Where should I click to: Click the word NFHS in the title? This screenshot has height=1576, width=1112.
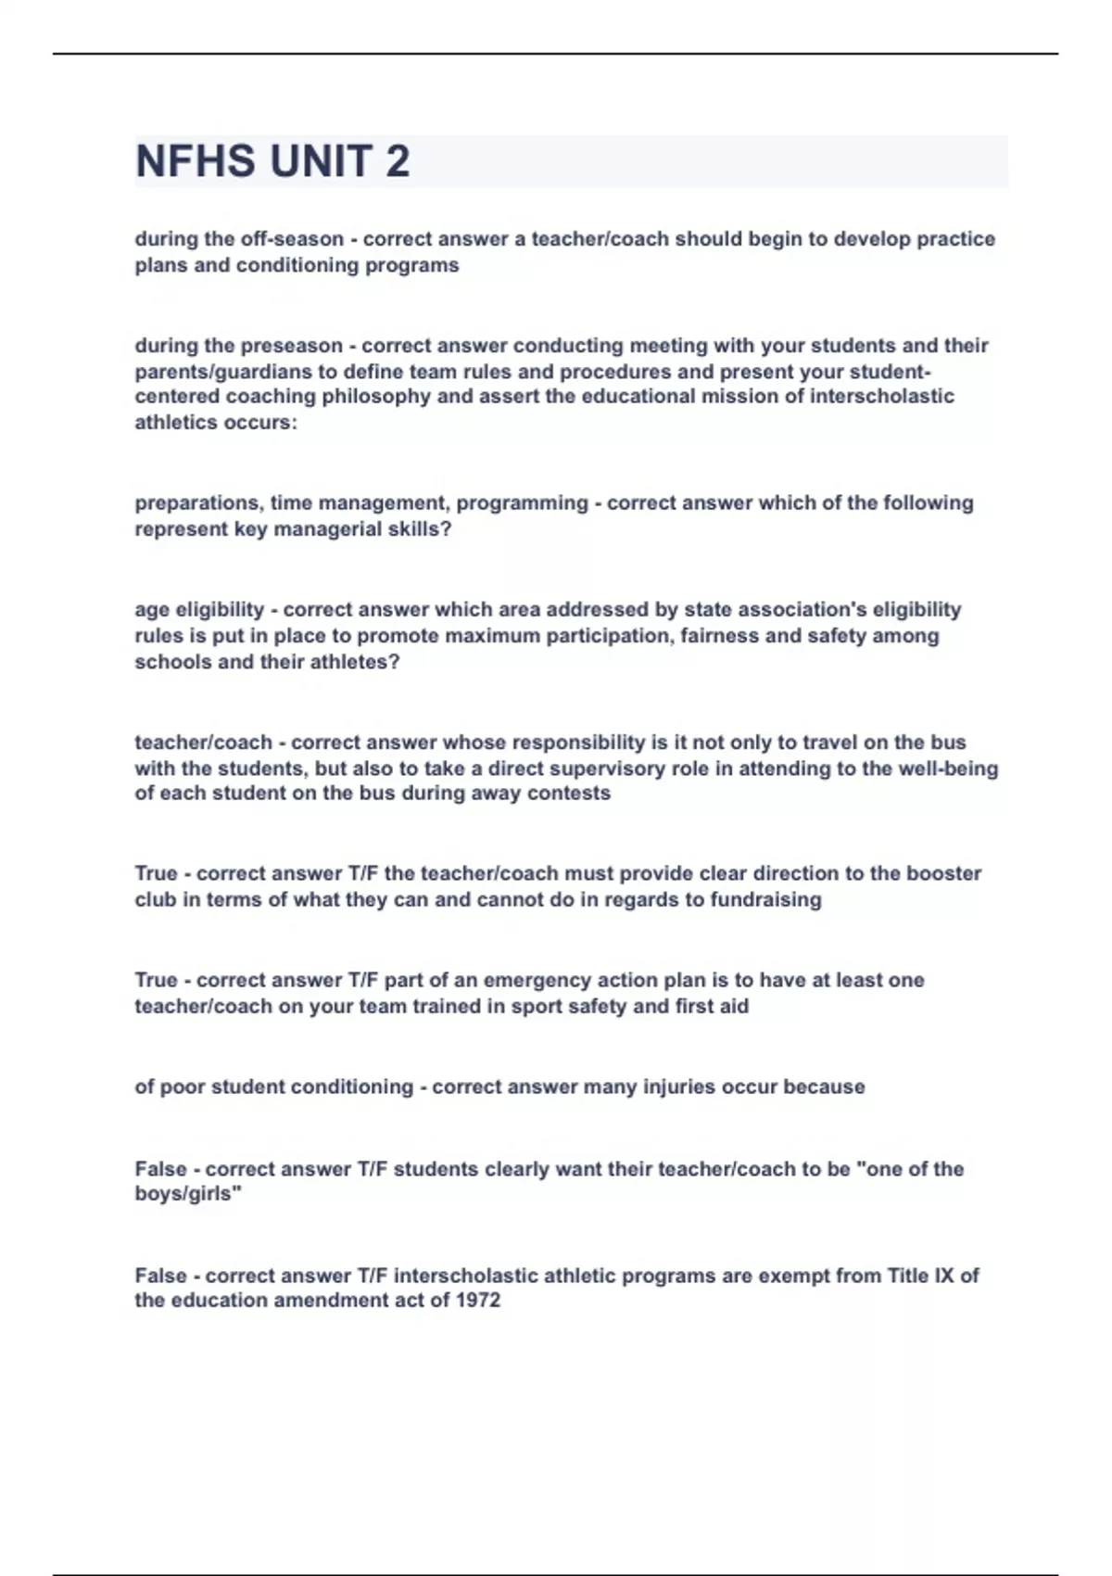[196, 161]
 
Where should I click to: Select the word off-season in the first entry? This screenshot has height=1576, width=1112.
[292, 239]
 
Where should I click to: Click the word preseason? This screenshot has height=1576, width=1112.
[291, 346]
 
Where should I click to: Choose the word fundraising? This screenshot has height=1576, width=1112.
[765, 899]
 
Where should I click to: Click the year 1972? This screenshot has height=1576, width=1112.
[478, 1301]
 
